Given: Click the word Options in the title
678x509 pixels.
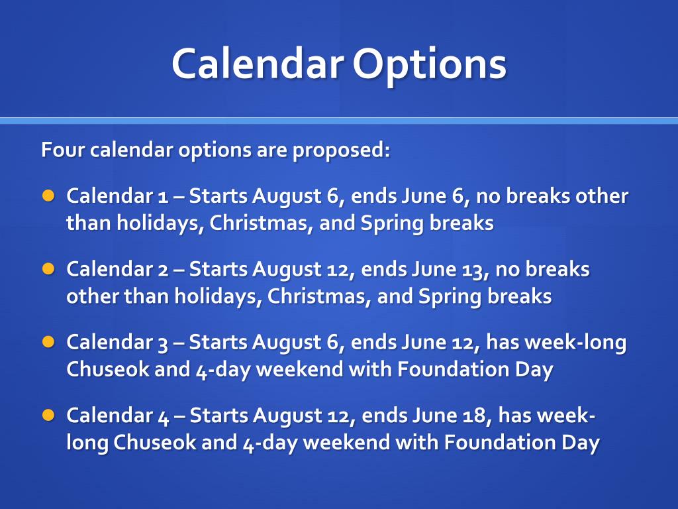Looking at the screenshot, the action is coord(429,65).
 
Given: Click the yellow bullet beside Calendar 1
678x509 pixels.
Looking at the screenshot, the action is coord(48,196).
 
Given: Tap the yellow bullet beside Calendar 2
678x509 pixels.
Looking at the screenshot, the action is coord(48,269).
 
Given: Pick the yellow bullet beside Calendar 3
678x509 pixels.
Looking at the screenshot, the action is coord(48,342).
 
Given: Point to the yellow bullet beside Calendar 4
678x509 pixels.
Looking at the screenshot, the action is coord(48,415).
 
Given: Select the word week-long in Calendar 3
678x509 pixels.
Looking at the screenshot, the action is coord(556,343).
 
